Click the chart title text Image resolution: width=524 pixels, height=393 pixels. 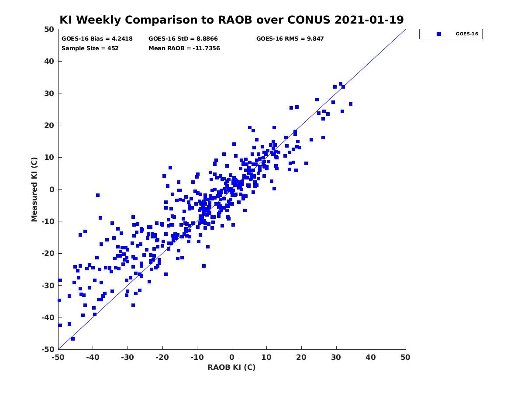231,20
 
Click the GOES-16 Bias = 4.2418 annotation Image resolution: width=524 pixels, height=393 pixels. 97,39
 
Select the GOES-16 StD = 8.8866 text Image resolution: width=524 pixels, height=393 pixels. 183,39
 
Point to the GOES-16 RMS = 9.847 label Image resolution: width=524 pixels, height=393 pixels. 290,39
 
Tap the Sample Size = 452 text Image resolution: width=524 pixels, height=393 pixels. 90,48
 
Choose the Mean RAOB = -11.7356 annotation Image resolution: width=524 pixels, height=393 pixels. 184,48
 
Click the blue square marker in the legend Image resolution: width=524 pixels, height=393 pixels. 439,34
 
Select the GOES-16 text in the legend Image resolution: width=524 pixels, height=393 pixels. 467,34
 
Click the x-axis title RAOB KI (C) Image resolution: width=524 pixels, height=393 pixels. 231,367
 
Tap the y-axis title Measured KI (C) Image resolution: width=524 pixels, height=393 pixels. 34,190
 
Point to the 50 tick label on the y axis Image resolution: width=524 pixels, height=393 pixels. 49,29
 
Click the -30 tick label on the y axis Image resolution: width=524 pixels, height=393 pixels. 48,286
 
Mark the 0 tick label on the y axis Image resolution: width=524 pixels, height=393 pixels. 52,190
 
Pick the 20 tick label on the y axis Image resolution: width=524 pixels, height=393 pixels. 49,125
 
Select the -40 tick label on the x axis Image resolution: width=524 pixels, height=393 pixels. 93,357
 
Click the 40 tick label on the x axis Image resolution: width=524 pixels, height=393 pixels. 371,357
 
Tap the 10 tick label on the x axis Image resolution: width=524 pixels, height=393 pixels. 266,357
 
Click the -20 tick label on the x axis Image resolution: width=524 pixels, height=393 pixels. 162,357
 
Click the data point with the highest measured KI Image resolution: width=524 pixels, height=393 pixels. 341,84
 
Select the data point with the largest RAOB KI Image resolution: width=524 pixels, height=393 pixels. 351,104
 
